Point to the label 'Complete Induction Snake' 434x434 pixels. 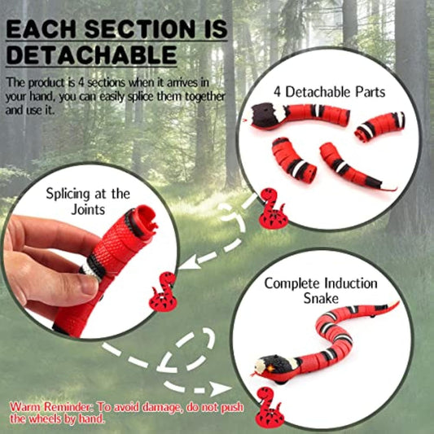coord(320,291)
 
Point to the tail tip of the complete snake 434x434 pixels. coord(396,303)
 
